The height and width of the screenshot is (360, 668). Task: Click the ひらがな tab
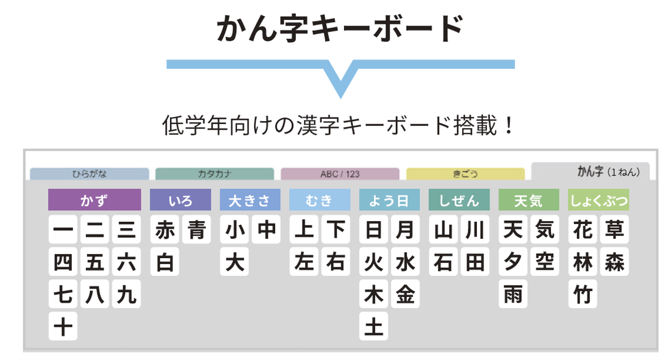coord(89,174)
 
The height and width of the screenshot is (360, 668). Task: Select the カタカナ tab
coord(214,174)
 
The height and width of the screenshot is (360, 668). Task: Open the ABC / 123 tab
coord(340,174)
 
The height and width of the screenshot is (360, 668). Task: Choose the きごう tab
coord(465,174)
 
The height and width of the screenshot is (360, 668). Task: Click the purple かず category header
coord(94,200)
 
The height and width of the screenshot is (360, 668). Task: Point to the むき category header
coord(320,200)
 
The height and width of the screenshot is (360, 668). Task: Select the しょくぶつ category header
coord(599,200)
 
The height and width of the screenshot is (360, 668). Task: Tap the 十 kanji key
coord(63,326)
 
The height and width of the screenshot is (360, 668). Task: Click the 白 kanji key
coord(165,262)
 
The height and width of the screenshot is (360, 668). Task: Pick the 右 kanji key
coord(336,262)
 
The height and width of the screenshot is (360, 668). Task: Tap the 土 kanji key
coord(374,326)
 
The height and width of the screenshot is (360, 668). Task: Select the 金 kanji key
coord(405,294)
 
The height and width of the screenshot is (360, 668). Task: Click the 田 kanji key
coord(475,262)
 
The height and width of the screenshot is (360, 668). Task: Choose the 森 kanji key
coord(614,262)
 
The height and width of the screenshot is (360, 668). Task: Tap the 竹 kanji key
coord(583,294)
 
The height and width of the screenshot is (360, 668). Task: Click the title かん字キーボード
coord(340,28)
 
